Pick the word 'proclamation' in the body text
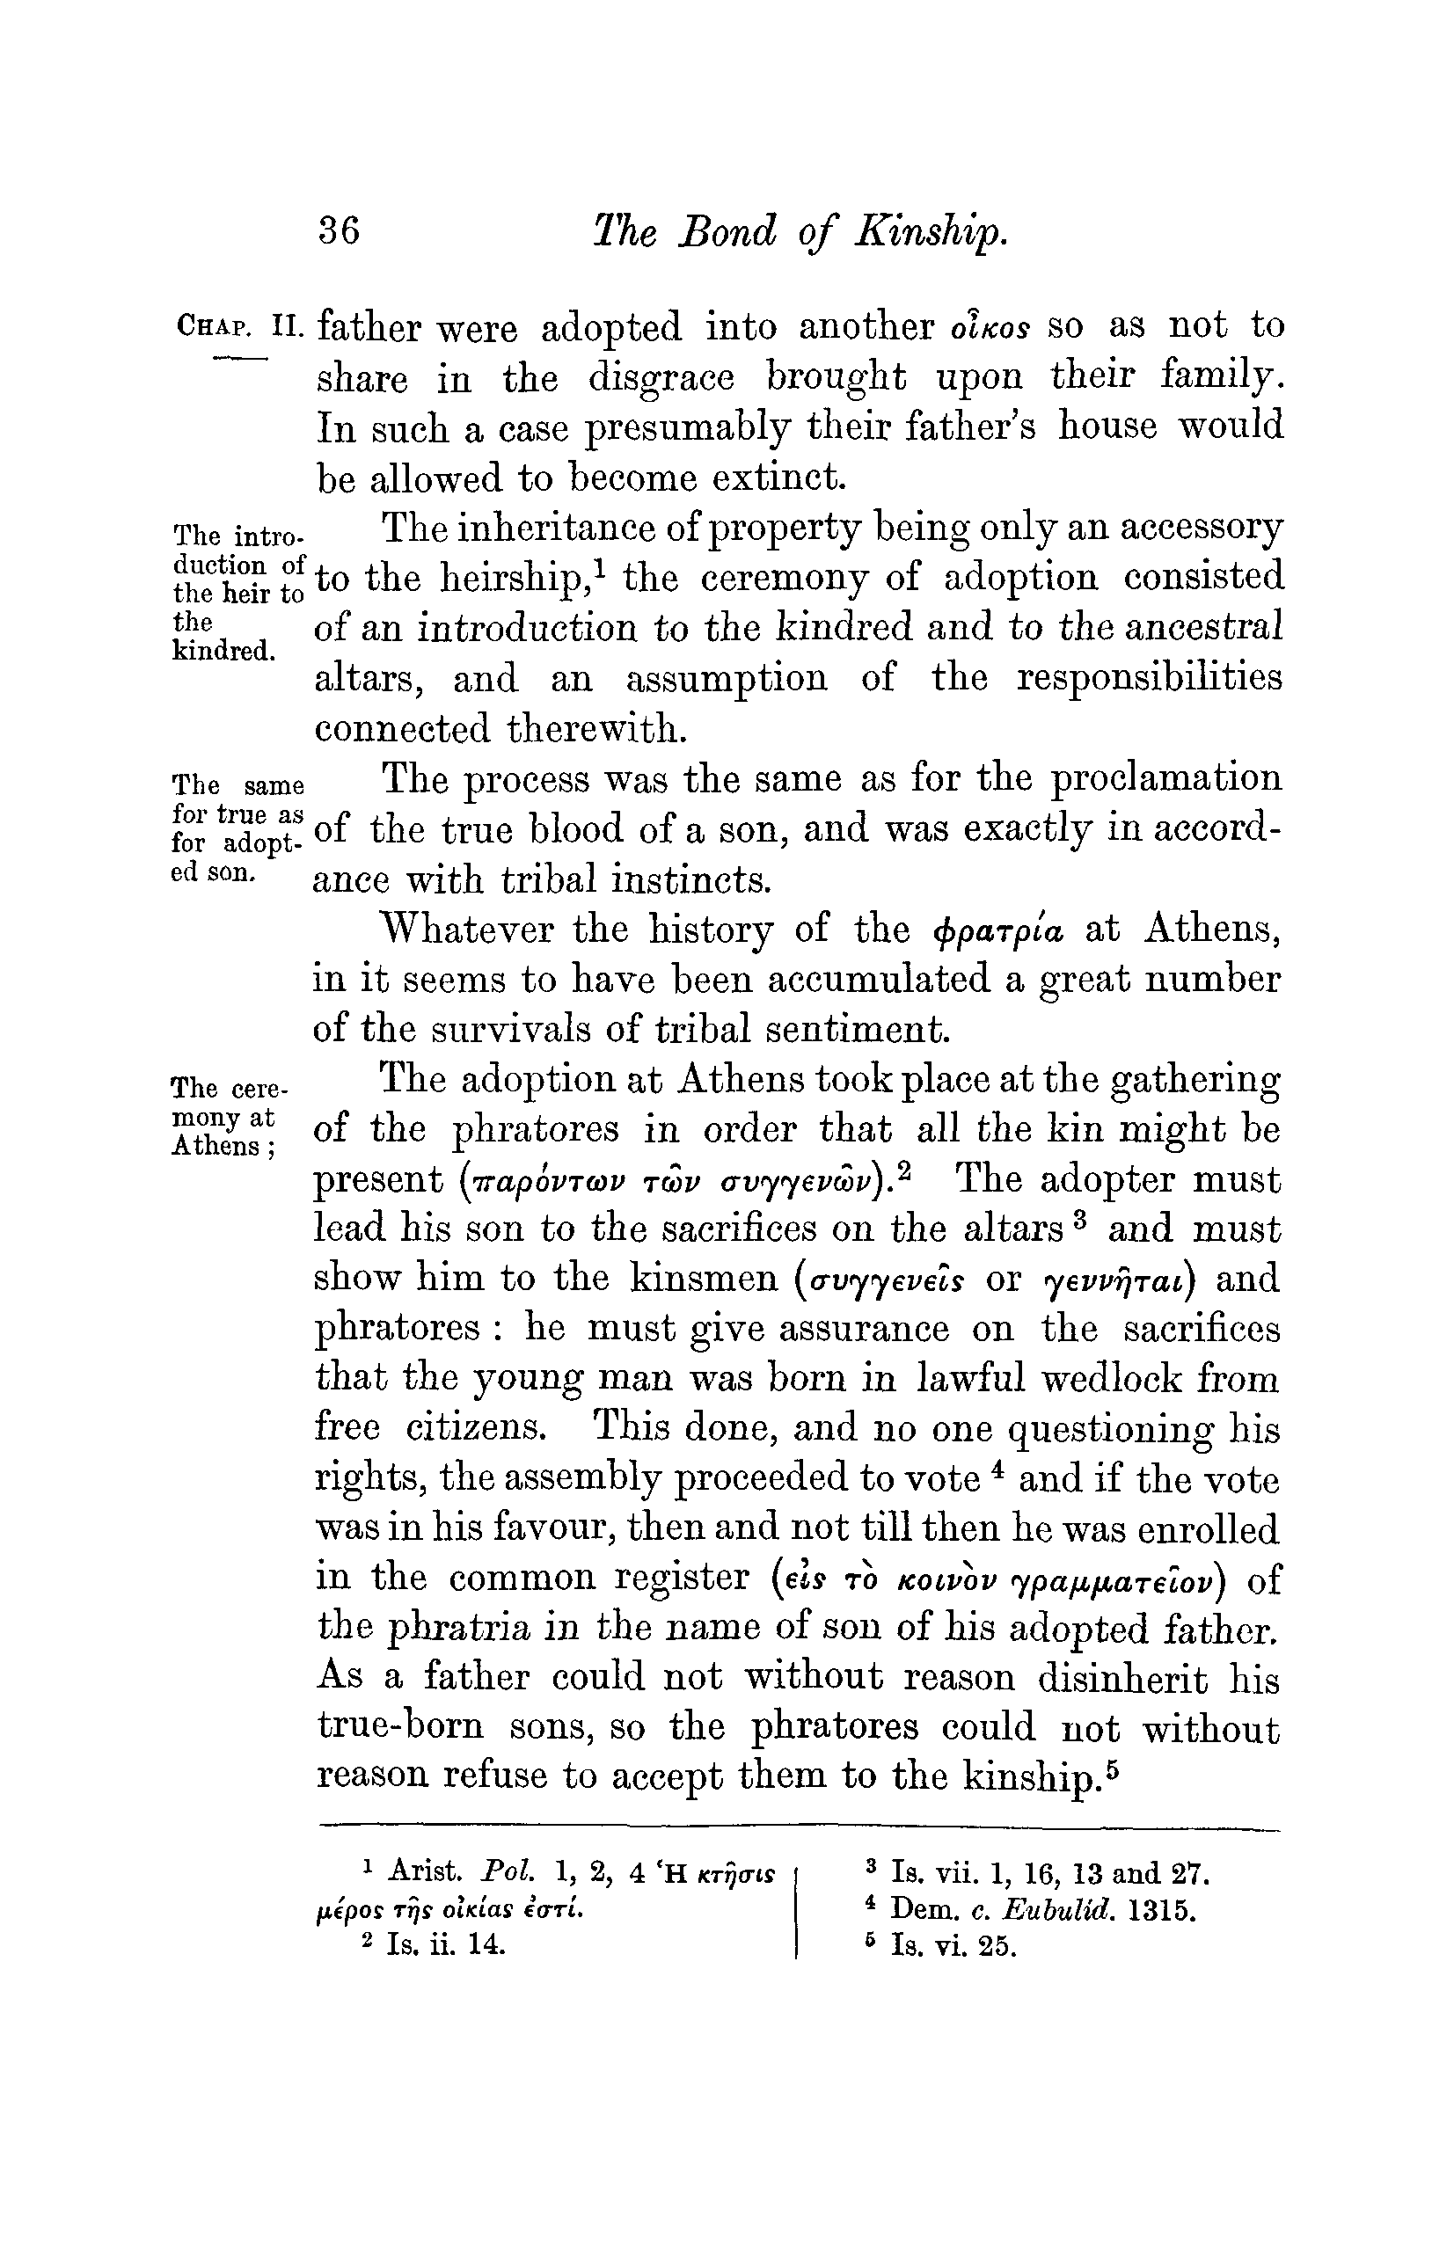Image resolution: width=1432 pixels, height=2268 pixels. (1165, 779)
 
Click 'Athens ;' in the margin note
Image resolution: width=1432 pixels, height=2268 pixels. (223, 1146)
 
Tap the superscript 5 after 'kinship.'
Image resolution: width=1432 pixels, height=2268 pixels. (1112, 1768)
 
